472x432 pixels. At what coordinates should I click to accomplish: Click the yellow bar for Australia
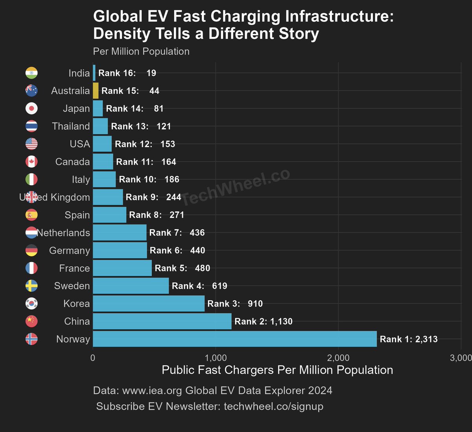tap(96, 91)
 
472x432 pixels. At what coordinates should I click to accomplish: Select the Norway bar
tap(234, 339)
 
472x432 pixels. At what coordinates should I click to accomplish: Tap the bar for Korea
tap(149, 303)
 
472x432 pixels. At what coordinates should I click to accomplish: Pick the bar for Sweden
tap(131, 286)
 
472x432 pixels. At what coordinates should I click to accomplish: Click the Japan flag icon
tap(31, 108)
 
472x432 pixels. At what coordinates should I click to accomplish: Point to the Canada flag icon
tap(31, 162)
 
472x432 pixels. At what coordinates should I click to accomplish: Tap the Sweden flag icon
tap(31, 286)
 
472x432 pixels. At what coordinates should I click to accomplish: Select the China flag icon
tap(31, 321)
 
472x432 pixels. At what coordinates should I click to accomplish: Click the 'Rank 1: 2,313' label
tap(408, 339)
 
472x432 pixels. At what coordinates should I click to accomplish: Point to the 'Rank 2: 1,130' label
tap(263, 322)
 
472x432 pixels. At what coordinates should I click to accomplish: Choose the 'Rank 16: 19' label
tap(127, 73)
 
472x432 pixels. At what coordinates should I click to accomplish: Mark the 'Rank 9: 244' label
tap(153, 197)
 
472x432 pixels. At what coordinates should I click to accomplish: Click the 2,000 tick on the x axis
tap(338, 358)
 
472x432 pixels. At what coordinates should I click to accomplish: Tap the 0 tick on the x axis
tap(93, 358)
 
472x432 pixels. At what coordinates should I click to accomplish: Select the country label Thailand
tap(71, 126)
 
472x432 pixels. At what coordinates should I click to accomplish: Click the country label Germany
tap(69, 250)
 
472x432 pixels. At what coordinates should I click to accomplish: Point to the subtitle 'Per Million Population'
tap(141, 51)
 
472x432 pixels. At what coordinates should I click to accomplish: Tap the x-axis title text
tap(277, 370)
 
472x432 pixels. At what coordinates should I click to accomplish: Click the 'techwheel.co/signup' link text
tap(273, 406)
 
